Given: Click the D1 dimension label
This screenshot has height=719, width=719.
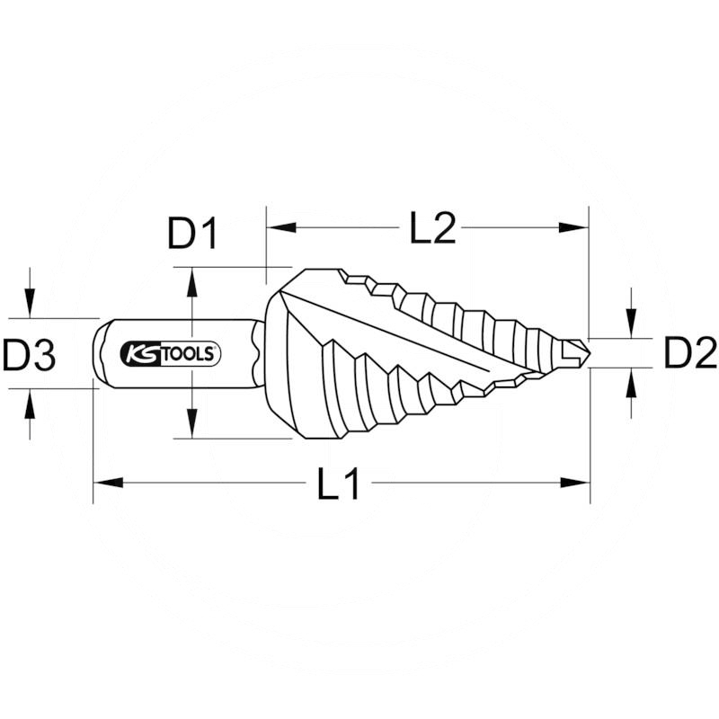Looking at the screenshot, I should (192, 234).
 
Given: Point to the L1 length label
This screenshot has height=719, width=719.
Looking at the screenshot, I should (339, 485).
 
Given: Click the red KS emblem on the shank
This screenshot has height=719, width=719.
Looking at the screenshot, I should (138, 353).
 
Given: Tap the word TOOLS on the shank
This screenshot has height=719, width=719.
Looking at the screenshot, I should (186, 354).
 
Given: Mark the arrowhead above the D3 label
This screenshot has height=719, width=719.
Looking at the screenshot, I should (30, 306).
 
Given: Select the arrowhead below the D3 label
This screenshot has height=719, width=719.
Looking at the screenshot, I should (30, 401).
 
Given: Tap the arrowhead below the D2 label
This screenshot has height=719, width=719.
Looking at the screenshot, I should (632, 382).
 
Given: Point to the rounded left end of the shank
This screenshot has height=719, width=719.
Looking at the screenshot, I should (99, 353).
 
